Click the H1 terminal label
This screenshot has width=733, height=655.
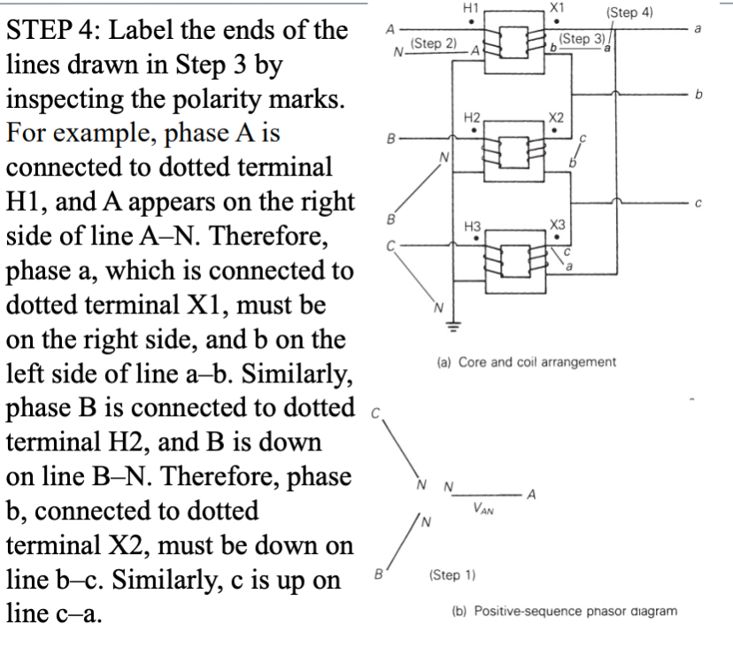click(x=471, y=8)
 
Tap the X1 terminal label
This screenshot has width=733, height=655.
click(x=557, y=7)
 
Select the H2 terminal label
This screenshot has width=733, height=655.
click(x=472, y=118)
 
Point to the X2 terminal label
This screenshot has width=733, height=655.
click(x=556, y=118)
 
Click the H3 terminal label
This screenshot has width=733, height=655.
click(x=472, y=227)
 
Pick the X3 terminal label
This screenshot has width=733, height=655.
click(x=557, y=225)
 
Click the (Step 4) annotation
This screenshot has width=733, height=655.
click(x=629, y=12)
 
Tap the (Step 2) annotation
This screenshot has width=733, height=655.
click(x=434, y=43)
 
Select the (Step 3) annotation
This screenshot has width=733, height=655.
click(x=582, y=39)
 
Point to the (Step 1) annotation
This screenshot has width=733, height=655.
click(x=452, y=574)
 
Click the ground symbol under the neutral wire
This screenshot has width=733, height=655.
click(x=453, y=326)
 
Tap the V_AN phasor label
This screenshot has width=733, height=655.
click(x=482, y=508)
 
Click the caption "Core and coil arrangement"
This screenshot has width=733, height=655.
click(x=537, y=362)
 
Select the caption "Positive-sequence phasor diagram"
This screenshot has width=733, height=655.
click(x=575, y=611)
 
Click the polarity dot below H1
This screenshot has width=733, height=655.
click(x=471, y=21)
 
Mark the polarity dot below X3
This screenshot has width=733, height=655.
click(x=557, y=237)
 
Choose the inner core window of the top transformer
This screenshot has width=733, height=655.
click(x=513, y=42)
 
